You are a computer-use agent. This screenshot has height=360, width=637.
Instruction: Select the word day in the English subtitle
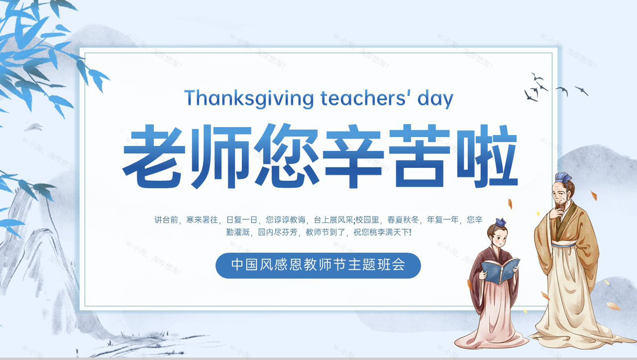[x=435, y=99]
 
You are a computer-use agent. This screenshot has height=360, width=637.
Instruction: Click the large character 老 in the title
[x=154, y=156]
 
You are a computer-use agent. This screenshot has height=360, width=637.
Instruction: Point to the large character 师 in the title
[x=221, y=156]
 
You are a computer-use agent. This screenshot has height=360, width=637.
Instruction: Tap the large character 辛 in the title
[x=353, y=156]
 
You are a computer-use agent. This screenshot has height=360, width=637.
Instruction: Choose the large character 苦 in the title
[x=419, y=156]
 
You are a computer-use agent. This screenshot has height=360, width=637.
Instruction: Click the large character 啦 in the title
[x=486, y=156]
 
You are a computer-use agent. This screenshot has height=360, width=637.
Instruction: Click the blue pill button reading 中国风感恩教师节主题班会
[x=318, y=265]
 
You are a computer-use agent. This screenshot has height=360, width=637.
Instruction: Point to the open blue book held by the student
[x=500, y=270]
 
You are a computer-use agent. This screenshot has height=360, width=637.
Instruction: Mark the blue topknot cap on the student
[x=501, y=222]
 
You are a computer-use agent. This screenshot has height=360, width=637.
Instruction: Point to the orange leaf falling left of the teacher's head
[x=510, y=203]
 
